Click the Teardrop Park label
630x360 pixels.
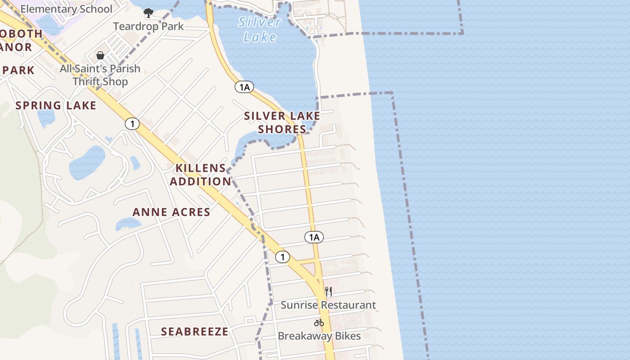coord(148,26)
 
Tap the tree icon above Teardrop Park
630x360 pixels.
coord(148,13)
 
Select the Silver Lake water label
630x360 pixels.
coord(260,29)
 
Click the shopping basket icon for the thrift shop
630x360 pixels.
coord(100,55)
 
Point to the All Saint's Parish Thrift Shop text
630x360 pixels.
coord(100,75)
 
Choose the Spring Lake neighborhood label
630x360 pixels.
coord(56,105)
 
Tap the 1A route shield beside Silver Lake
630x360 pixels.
coord(244,87)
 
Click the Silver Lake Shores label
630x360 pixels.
coord(282,122)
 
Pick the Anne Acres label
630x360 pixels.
coord(171,212)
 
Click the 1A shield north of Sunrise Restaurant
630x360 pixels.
coord(314,237)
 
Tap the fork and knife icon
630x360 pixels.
coord(328,292)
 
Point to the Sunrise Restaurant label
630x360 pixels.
coord(328,305)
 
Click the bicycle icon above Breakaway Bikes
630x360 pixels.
coord(319,322)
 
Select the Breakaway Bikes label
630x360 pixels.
coord(319,336)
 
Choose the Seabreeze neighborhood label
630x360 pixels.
coord(195,332)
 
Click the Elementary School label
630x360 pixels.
coord(66,9)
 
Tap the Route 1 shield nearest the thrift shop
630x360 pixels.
coord(132,124)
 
